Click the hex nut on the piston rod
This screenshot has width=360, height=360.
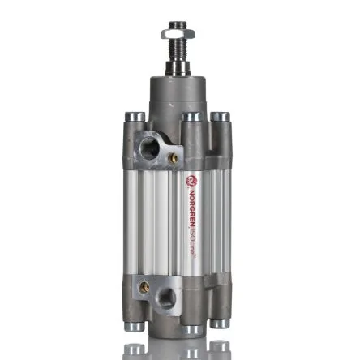pos(178,34)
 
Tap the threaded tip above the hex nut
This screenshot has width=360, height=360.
pos(177,25)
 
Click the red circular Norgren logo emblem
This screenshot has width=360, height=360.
pos(191,182)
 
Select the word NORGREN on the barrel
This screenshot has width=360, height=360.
pos(191,209)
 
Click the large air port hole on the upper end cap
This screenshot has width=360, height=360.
pos(149,148)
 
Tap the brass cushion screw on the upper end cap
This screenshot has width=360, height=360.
pos(173,158)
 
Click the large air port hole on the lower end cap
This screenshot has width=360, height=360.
pos(166,298)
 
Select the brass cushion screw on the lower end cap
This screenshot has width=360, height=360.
pos(144,287)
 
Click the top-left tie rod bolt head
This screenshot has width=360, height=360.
pos(135,117)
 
